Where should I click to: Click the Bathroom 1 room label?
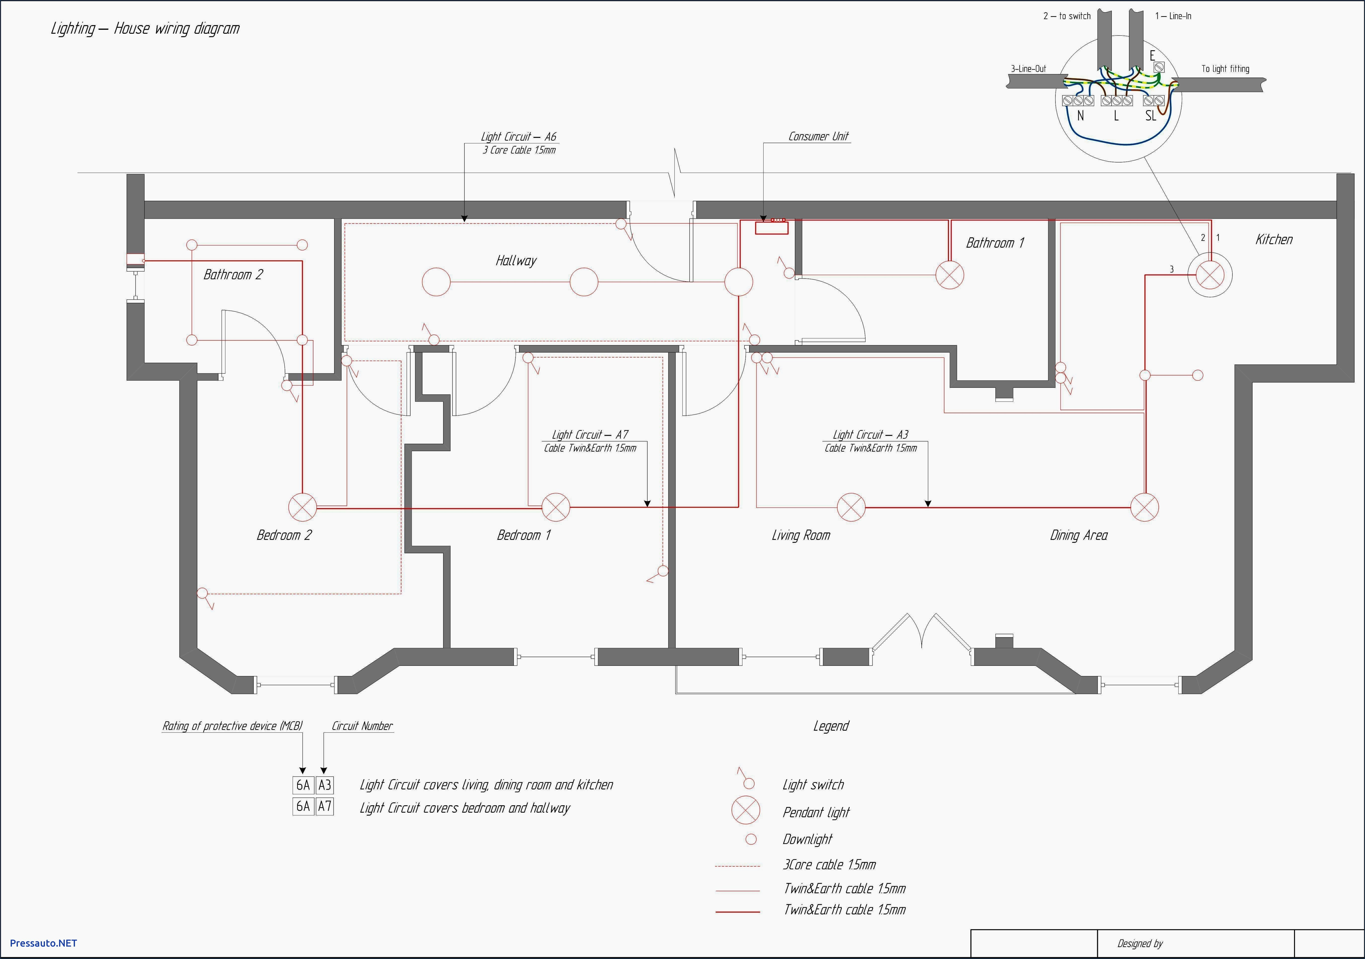coord(995,243)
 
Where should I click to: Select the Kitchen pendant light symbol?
coord(1209,275)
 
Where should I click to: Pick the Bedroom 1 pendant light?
coord(556,508)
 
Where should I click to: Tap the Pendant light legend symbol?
coord(745,810)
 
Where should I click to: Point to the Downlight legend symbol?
coord(751,839)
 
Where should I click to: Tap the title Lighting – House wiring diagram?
coord(145,29)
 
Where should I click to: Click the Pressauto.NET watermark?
coord(43,943)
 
